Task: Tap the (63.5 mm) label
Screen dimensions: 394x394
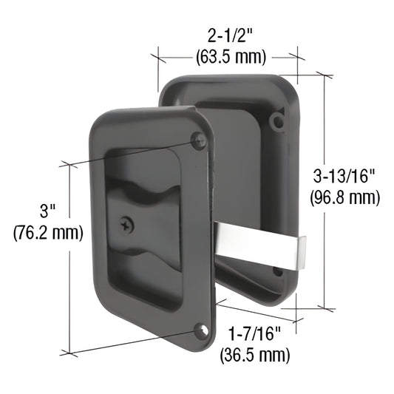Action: point(231,57)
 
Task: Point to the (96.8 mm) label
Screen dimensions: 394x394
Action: point(347,197)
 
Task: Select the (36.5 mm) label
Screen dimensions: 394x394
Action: point(255,356)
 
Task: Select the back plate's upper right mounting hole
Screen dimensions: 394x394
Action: point(277,120)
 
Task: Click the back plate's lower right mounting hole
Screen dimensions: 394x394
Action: point(279,271)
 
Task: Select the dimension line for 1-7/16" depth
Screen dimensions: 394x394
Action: point(259,311)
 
